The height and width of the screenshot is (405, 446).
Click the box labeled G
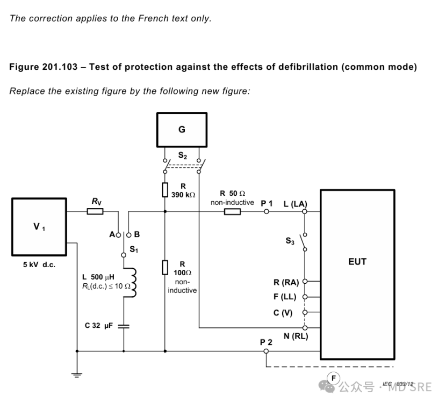point(182,130)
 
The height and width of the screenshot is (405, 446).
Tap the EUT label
point(357,261)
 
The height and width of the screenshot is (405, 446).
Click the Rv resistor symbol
point(95,211)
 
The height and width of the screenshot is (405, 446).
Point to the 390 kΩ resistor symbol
point(165,190)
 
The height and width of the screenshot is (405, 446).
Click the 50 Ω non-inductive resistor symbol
point(232,211)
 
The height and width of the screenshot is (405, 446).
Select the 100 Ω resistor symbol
point(165,267)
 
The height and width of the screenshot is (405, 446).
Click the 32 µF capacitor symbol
point(124,326)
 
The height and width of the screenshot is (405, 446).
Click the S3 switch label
point(290,241)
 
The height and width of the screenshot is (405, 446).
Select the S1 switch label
point(134,249)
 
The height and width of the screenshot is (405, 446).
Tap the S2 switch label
point(183,156)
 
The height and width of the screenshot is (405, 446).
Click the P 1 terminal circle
point(266,211)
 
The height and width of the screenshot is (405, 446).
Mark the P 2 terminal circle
point(266,351)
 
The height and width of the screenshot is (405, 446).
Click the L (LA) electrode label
point(295,203)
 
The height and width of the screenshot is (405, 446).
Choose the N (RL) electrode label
point(296,336)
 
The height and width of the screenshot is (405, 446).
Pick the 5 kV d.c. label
point(39,265)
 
